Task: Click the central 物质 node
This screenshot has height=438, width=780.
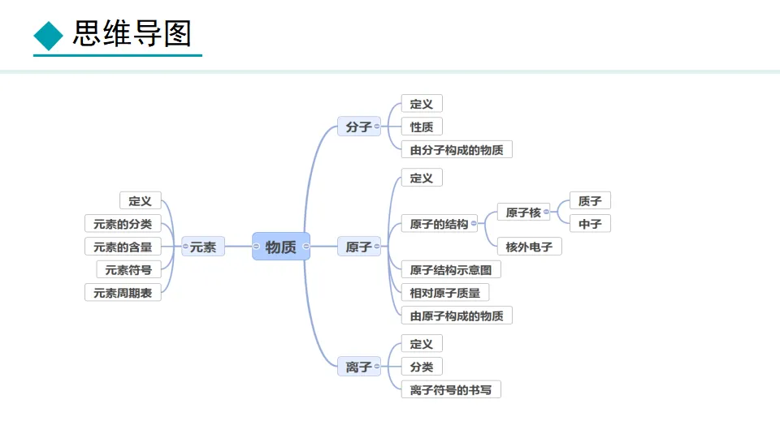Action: coord(281,247)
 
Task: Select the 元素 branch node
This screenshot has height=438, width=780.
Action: coord(203,247)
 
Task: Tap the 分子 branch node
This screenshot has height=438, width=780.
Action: coord(358,127)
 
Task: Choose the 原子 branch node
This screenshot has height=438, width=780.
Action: coord(358,247)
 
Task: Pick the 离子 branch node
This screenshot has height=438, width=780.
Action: coord(358,367)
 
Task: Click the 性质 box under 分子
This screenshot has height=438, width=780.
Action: coord(422,127)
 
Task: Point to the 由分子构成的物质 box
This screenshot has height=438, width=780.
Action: coord(457,149)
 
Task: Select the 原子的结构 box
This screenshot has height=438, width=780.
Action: coord(439,224)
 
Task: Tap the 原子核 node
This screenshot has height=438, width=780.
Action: coord(523,213)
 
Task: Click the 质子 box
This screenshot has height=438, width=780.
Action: coord(590,201)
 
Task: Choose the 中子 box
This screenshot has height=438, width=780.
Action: coord(590,224)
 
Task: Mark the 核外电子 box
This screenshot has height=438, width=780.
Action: coord(529,247)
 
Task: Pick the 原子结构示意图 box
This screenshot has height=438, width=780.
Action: coord(451,270)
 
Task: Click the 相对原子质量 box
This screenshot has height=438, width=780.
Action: coord(445,293)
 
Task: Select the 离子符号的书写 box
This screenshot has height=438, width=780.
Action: coord(451,390)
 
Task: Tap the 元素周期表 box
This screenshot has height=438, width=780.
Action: coord(123,293)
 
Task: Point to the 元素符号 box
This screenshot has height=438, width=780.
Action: coord(128,270)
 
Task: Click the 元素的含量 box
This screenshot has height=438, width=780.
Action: coord(123,247)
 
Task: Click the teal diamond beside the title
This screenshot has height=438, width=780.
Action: coord(48,35)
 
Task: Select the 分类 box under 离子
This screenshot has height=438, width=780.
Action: coord(422,367)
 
